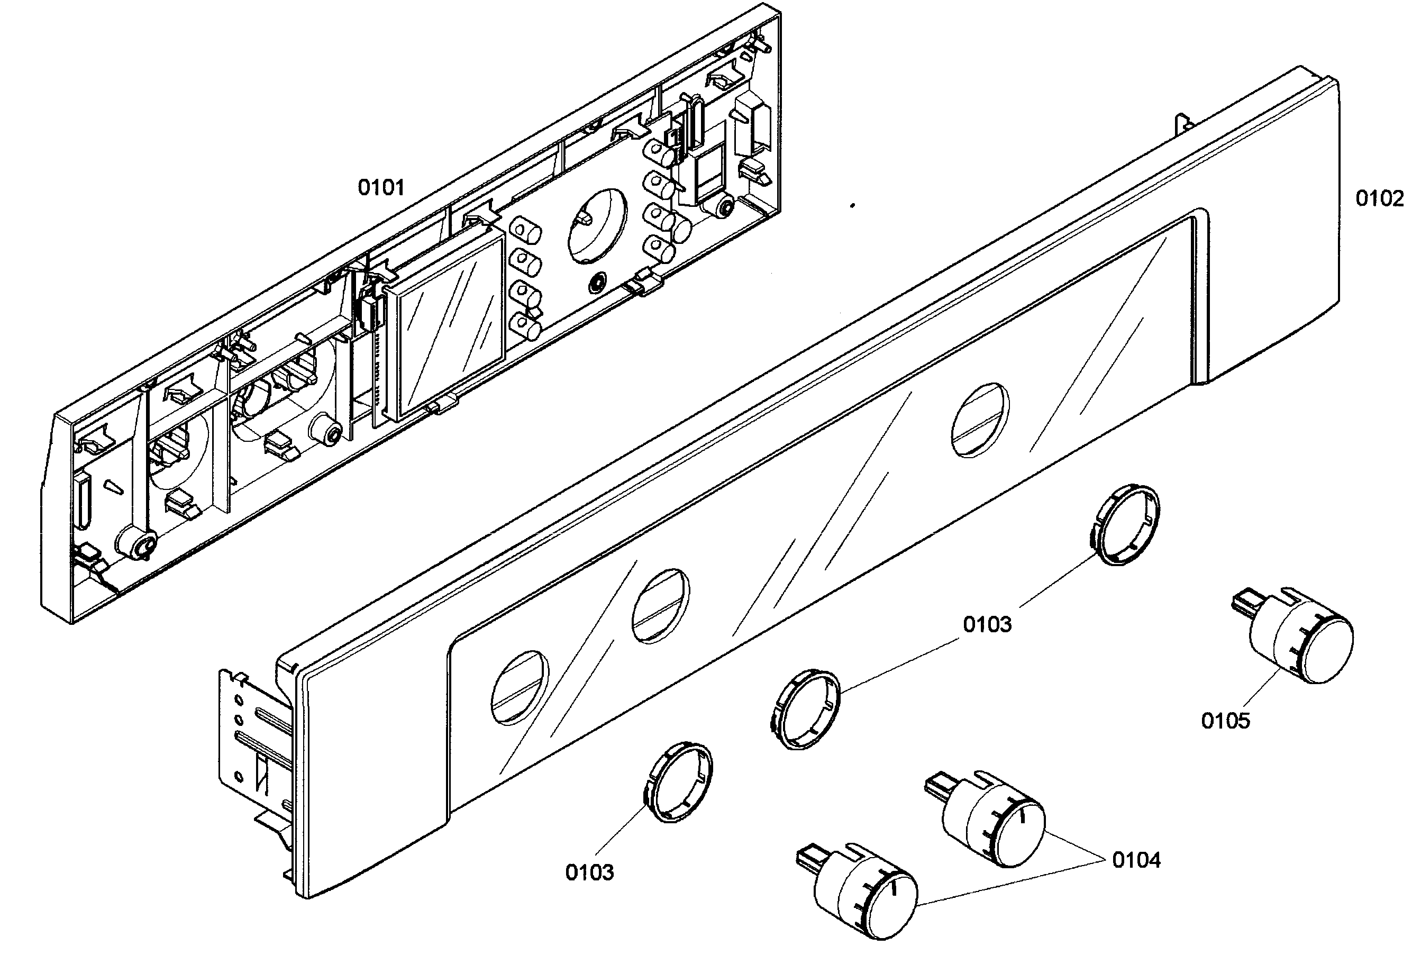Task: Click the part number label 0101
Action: tap(380, 188)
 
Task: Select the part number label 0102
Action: tap(1379, 198)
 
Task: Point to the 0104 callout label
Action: tap(1136, 860)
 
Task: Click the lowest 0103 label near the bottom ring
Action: tap(589, 872)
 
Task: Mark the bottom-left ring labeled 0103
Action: tap(678, 782)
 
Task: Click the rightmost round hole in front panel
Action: tap(980, 420)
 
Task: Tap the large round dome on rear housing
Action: tap(597, 225)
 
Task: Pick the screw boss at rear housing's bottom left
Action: tap(138, 542)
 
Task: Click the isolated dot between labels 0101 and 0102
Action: tap(852, 206)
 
